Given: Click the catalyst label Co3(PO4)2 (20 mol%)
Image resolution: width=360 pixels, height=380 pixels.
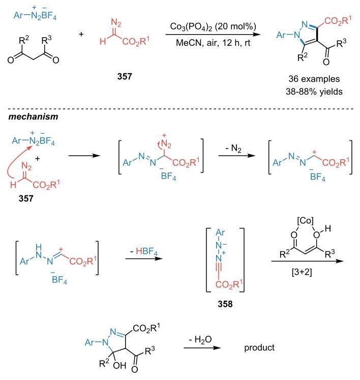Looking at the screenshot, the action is pyautogui.click(x=213, y=26).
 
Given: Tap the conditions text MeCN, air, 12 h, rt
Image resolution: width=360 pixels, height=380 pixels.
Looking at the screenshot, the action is pyautogui.click(x=213, y=43).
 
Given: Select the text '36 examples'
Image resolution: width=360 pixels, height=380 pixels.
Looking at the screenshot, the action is pyautogui.click(x=314, y=79).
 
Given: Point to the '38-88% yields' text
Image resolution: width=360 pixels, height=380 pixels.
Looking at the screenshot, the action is pyautogui.click(x=314, y=92).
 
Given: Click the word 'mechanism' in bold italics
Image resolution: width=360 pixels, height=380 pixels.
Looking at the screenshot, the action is pyautogui.click(x=33, y=117).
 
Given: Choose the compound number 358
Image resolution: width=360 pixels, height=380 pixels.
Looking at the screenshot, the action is pyautogui.click(x=225, y=304).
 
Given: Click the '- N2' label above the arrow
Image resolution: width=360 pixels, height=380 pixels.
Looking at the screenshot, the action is pyautogui.click(x=233, y=148).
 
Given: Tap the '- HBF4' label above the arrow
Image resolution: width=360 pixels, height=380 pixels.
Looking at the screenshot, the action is pyautogui.click(x=144, y=251).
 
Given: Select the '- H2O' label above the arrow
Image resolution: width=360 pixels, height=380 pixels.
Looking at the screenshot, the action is pyautogui.click(x=200, y=340).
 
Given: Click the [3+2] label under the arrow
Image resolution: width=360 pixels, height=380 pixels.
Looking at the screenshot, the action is pyautogui.click(x=302, y=272).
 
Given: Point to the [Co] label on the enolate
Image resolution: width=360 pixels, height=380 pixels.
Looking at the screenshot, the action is pyautogui.click(x=305, y=221).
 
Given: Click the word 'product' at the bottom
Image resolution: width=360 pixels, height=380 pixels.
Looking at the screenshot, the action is pyautogui.click(x=259, y=347).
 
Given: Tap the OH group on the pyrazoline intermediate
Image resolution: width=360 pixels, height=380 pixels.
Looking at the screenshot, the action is pyautogui.click(x=119, y=365).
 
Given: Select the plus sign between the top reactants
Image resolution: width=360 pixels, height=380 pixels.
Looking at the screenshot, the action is pyautogui.click(x=81, y=34).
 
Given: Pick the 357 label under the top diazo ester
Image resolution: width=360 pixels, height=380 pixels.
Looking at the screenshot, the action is pyautogui.click(x=125, y=76).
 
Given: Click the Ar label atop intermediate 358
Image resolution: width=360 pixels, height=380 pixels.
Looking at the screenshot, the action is pyautogui.click(x=220, y=232).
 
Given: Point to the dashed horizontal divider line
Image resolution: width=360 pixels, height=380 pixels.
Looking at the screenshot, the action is pyautogui.click(x=181, y=109).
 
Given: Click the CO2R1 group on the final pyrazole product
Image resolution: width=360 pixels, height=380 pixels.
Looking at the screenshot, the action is pyautogui.click(x=338, y=21).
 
